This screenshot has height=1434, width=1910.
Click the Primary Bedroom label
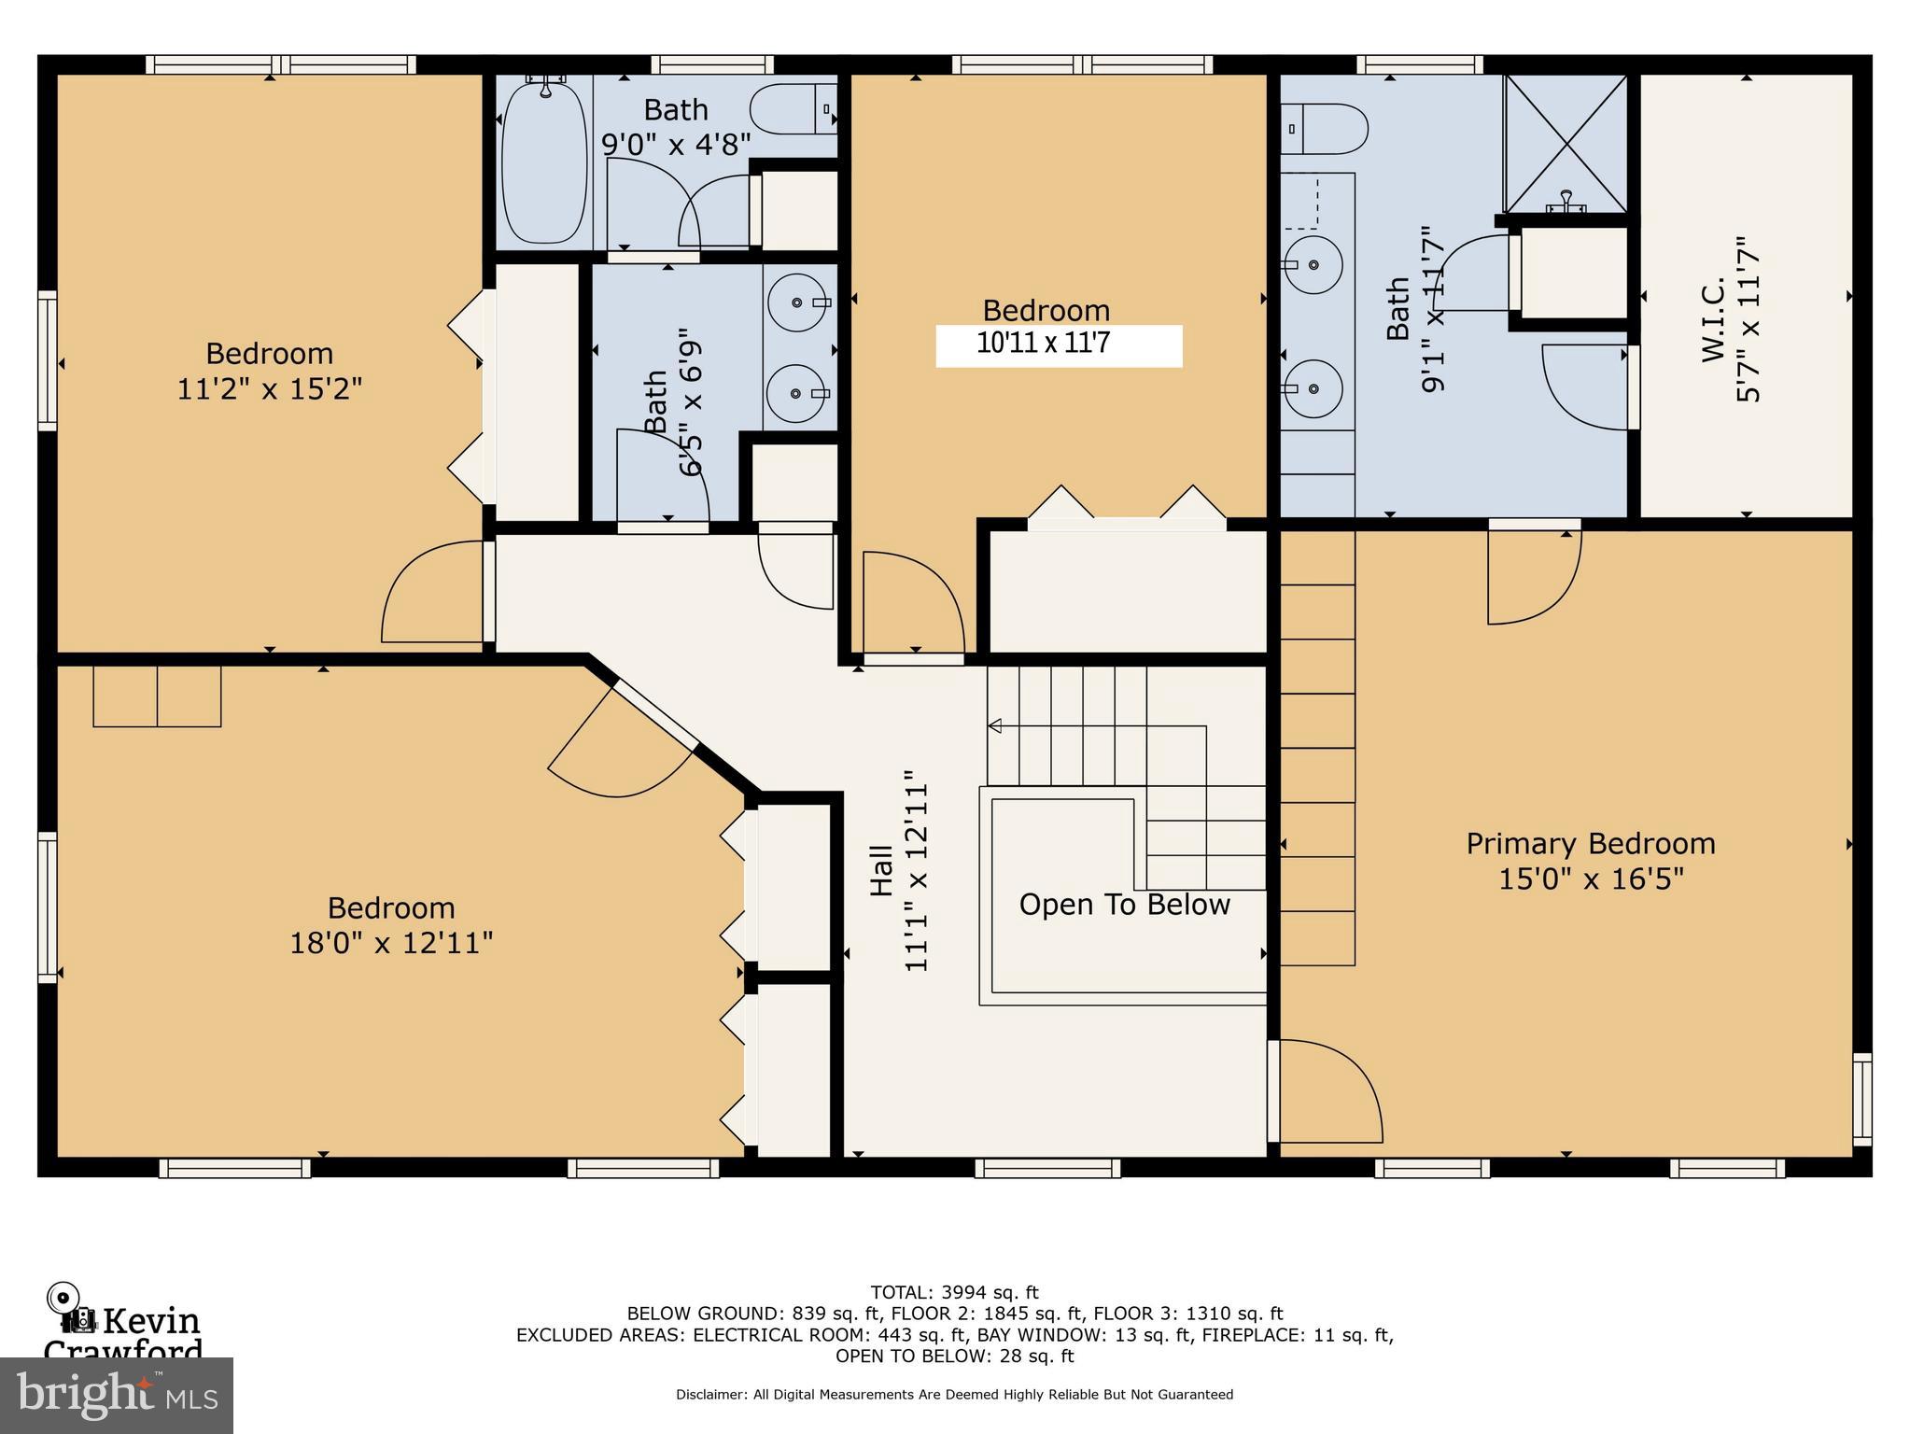pos(1590,844)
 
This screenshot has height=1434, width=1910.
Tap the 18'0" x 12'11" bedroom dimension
pos(391,943)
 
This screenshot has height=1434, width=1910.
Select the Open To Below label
pos(1124,905)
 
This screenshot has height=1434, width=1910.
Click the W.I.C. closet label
pos(1713,320)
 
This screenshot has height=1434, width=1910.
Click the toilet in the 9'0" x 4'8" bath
pos(793,109)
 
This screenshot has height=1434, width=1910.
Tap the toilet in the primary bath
pos(1324,129)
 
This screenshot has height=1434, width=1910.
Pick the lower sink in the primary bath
pos(1313,387)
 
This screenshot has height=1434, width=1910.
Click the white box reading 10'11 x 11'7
pos(1059,345)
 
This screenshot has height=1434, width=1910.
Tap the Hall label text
pos(882,870)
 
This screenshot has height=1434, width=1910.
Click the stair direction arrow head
pos(995,725)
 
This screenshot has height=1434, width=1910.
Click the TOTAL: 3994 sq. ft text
pos(954,1293)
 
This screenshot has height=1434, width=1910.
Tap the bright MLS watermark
pos(117,1395)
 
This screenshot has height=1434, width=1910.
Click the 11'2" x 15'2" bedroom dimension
pos(269,388)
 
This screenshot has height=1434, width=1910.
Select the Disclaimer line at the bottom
pos(954,1395)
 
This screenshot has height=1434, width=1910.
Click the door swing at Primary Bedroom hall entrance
pos(1330,1092)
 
